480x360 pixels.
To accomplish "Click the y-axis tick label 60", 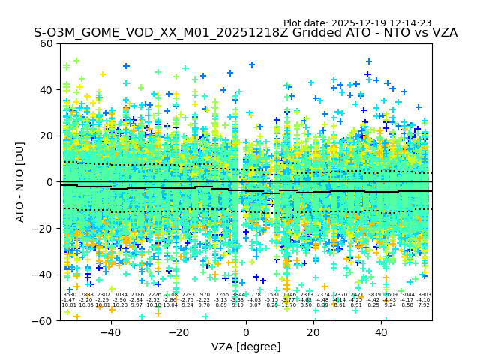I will [x=47, y=43].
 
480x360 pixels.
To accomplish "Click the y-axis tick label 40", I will [x=47, y=90].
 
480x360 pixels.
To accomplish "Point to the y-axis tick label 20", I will [x=47, y=136].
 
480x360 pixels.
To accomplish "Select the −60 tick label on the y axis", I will [x=44, y=321].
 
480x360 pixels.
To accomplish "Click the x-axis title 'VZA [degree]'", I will [x=246, y=346].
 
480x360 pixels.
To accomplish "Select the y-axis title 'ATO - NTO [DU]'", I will [x=21, y=182].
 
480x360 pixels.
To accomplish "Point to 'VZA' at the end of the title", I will [x=442, y=34].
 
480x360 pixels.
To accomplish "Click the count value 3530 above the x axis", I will [x=70, y=295].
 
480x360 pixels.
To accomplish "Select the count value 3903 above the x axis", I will [x=424, y=295].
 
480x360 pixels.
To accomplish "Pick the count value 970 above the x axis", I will [x=205, y=295].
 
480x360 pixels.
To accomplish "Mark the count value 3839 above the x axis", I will [x=373, y=295].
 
